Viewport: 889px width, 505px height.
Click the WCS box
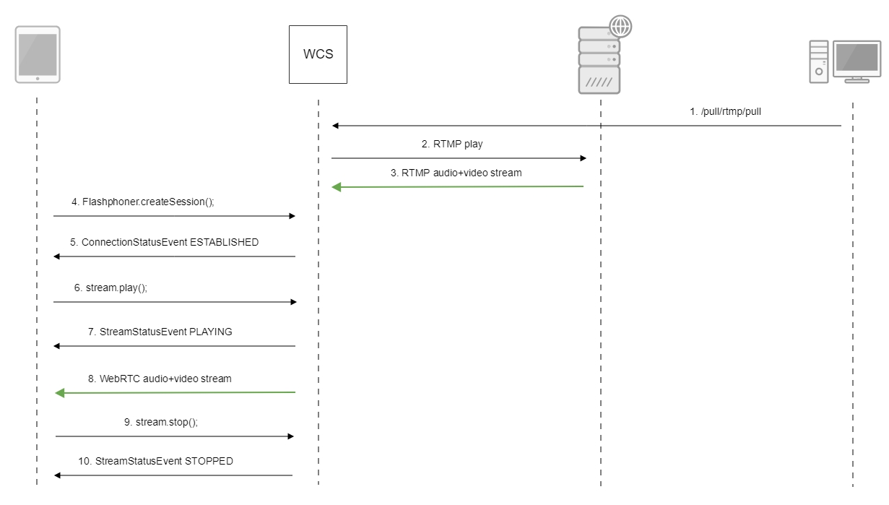(318, 54)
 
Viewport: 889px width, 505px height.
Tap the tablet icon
(38, 54)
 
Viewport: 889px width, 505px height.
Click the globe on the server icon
(620, 26)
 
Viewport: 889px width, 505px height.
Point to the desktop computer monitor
(857, 59)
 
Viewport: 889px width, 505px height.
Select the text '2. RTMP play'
(452, 144)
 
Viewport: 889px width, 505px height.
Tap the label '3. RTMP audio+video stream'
(456, 173)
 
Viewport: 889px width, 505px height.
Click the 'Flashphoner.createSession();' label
(148, 202)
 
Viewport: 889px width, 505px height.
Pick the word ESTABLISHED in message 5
(224, 242)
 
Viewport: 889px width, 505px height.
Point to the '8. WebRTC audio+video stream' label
(160, 378)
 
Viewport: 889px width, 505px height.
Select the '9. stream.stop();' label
(161, 422)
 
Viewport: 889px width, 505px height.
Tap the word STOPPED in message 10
(209, 461)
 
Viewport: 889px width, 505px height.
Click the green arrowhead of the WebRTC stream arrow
(59, 392)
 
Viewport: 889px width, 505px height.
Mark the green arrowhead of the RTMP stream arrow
(336, 187)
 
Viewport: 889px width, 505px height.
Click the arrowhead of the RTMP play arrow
(582, 157)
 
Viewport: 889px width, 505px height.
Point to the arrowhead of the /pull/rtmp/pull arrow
(336, 126)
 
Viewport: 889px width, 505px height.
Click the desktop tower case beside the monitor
(818, 61)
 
